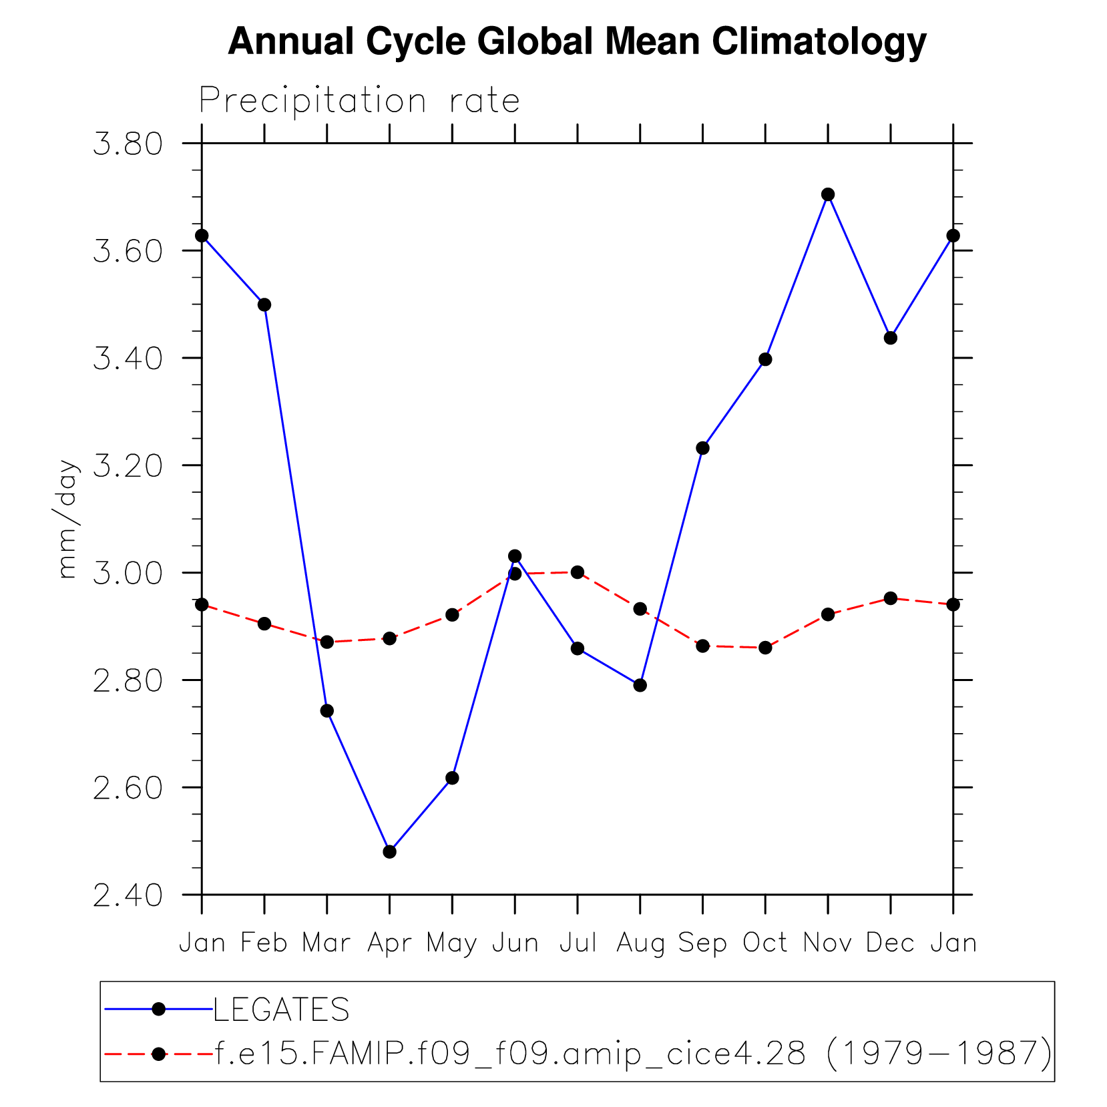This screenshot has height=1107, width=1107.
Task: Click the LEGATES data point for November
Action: (x=828, y=194)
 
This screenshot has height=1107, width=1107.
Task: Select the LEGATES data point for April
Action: (x=390, y=851)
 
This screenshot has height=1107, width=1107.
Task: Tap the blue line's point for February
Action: (x=264, y=304)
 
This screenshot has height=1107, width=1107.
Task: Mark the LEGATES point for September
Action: (x=702, y=448)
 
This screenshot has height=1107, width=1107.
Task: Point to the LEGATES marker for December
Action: (x=890, y=338)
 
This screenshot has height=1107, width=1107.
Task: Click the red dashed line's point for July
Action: (x=578, y=572)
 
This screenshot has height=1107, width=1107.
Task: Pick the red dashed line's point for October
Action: (x=765, y=648)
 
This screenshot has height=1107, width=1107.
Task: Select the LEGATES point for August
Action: (x=640, y=685)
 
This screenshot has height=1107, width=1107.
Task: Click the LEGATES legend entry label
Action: (x=281, y=1009)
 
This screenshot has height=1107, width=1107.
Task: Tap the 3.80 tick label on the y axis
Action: (x=128, y=144)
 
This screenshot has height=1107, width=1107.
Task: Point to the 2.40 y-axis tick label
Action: (x=128, y=895)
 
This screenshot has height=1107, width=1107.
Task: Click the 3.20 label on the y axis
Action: (x=128, y=466)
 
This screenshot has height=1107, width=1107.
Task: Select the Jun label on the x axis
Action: (x=515, y=943)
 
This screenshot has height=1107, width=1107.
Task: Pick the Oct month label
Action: (x=765, y=943)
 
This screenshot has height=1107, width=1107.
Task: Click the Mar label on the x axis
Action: (x=326, y=943)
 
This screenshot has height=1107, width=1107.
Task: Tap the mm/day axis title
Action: (x=67, y=519)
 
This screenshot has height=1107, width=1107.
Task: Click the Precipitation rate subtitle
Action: (x=359, y=101)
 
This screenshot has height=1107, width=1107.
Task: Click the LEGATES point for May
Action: (x=452, y=778)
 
